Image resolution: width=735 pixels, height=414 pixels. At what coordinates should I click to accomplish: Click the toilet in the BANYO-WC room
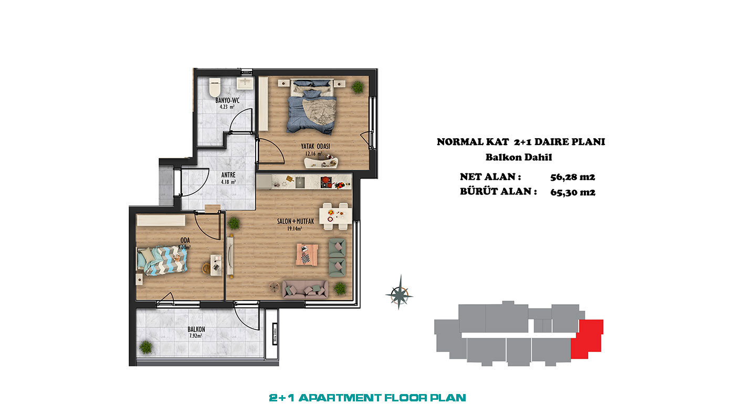[215, 87]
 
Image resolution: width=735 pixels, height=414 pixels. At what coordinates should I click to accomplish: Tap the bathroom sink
[245, 84]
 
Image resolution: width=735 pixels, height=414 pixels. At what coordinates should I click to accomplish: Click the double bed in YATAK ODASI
[311, 106]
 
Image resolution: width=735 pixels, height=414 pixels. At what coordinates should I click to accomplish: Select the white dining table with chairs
[335, 216]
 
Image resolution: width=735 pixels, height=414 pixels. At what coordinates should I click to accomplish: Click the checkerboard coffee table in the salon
[307, 254]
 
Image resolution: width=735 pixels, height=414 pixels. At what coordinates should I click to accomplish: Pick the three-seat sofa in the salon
[305, 289]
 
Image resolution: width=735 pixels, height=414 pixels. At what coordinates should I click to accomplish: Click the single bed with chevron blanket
[162, 261]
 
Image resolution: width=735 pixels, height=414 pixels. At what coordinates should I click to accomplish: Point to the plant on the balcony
[145, 347]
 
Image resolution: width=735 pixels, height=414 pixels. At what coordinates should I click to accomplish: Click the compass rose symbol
[399, 293]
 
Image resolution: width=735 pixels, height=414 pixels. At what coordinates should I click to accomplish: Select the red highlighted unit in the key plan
[587, 338]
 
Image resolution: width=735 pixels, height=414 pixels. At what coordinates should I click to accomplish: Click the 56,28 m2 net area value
[573, 177]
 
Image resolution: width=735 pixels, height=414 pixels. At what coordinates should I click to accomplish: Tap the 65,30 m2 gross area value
[573, 192]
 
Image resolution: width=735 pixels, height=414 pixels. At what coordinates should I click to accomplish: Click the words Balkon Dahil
[519, 157]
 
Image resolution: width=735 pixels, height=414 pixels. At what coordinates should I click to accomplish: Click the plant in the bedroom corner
[358, 87]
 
